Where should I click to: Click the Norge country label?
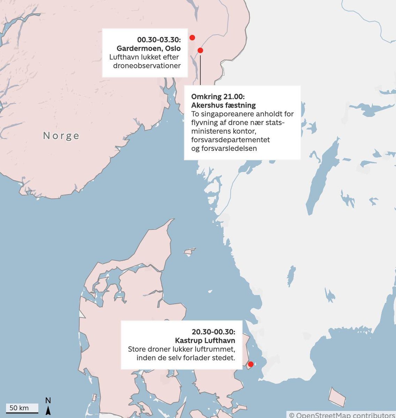[61, 136]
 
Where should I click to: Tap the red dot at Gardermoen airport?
[192, 38]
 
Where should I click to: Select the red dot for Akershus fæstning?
[200, 50]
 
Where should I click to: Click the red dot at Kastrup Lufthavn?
[250, 364]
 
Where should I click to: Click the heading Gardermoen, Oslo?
[148, 48]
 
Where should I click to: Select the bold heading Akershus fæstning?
[223, 105]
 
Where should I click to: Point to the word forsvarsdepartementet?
[231, 140]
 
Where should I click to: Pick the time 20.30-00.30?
[213, 332]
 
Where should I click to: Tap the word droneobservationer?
[147, 65]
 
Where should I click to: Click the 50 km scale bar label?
[19, 408]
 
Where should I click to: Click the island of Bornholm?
[337, 398]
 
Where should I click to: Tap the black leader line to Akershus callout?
[200, 70]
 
